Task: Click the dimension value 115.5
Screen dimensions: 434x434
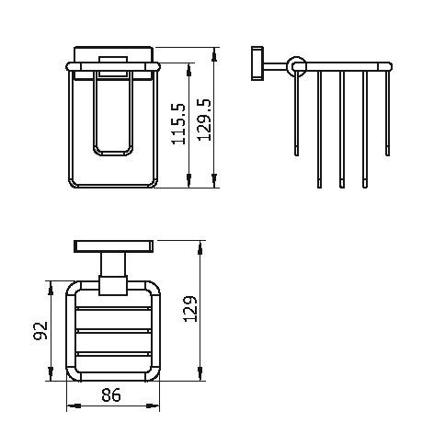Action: coord(178,124)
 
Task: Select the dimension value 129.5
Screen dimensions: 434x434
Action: coord(204,120)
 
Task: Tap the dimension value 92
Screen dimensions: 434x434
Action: coord(40,330)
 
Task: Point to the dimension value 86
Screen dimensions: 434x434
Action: coord(111,394)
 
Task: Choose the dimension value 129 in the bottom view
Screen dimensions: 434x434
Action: coord(190,309)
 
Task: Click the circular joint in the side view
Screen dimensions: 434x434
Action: coord(296,66)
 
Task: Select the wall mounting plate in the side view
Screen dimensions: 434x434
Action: coord(257,63)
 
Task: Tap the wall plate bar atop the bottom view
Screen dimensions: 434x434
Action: coord(114,246)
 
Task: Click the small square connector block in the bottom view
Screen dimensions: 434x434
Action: coord(113,286)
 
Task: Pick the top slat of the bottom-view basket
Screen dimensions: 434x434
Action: coord(113,308)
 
